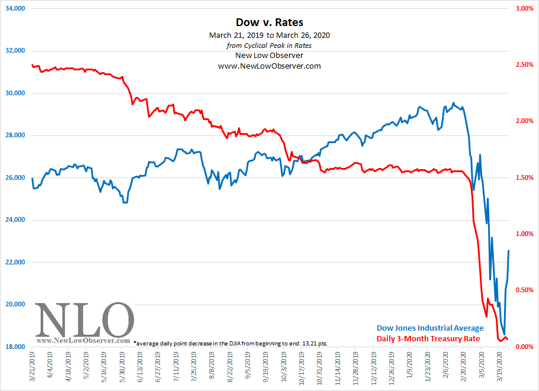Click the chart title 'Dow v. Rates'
[x=269, y=22]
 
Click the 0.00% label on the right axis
[x=522, y=347]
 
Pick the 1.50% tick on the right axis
[x=522, y=177]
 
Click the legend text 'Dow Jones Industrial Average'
[x=430, y=328]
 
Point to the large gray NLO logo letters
[x=83, y=320]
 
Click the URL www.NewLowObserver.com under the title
[x=269, y=66]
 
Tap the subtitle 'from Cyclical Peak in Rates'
[x=269, y=46]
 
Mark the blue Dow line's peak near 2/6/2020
[x=453, y=103]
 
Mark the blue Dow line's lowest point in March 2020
[x=505, y=334]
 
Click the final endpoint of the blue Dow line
[x=509, y=250]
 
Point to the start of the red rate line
[x=31, y=64]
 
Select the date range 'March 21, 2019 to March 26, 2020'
[x=269, y=35]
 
